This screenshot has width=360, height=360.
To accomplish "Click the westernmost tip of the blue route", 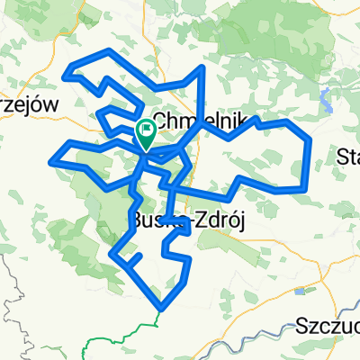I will click(x=50, y=162).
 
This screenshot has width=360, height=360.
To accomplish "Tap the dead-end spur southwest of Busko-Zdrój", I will click(x=140, y=258).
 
